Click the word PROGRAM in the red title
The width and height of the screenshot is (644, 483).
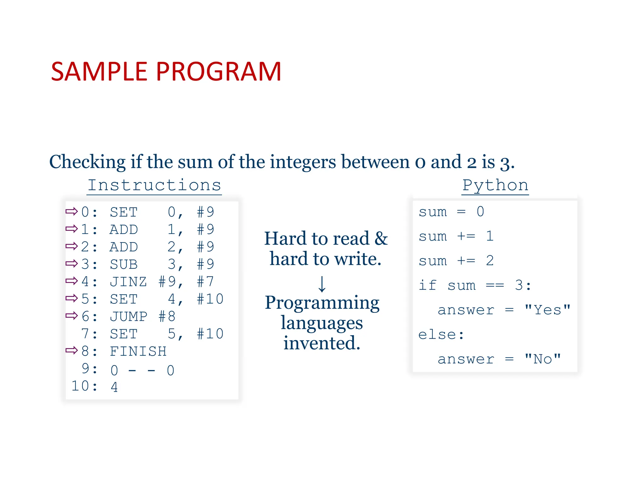(218, 72)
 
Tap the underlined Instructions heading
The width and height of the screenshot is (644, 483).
(154, 185)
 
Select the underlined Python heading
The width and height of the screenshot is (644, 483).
(495, 185)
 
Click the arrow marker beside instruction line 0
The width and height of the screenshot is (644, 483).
(71, 211)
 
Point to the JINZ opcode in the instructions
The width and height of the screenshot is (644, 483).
(128, 282)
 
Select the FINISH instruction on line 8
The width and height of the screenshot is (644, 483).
(138, 351)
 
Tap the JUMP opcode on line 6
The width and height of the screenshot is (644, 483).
(128, 317)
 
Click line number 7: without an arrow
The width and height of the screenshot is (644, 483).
(89, 334)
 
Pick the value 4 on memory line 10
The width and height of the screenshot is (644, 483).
(114, 387)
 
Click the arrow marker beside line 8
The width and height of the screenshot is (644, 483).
(71, 350)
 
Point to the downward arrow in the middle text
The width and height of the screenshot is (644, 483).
(322, 284)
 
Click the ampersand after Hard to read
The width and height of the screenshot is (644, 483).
(381, 238)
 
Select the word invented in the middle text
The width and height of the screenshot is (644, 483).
(322, 343)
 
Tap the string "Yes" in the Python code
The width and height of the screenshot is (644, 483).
(547, 310)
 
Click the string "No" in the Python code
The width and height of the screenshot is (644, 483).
(542, 359)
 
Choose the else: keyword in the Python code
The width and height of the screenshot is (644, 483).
(441, 335)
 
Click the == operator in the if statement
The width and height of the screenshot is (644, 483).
(495, 286)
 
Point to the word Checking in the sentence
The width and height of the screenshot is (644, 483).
(87, 162)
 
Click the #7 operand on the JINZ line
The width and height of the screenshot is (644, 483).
(205, 282)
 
